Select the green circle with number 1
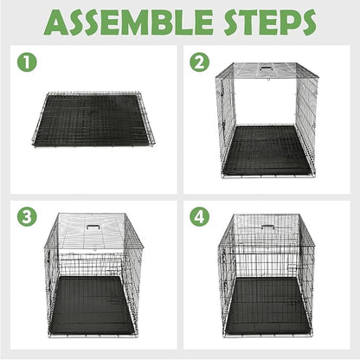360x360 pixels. pos(28,63)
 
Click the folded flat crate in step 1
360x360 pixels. pos(95,118)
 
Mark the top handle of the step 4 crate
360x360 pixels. pos(268,228)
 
